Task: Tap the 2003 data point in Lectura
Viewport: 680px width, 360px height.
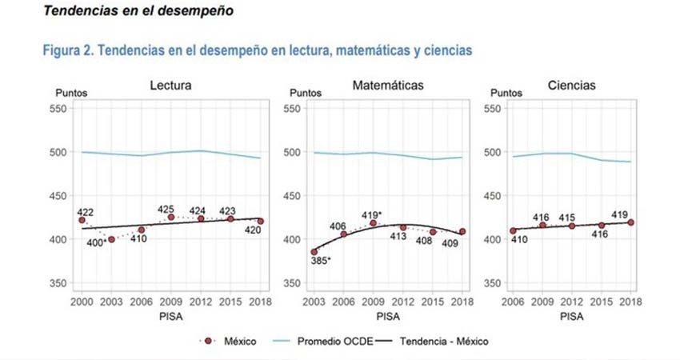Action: pos(111,239)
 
